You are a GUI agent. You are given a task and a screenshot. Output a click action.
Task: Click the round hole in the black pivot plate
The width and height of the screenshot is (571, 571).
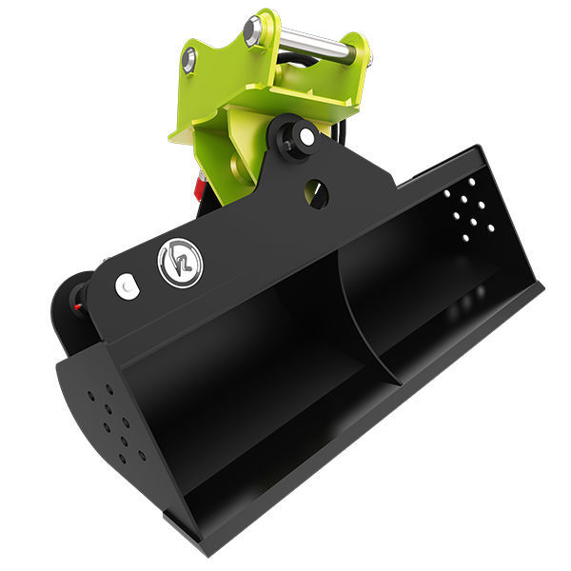pyautogui.click(x=317, y=195)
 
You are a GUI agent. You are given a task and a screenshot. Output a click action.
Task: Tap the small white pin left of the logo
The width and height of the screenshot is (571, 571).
pyautogui.click(x=125, y=285)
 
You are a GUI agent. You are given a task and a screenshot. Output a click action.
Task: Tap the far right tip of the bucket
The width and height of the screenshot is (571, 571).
pyautogui.click(x=540, y=285)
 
